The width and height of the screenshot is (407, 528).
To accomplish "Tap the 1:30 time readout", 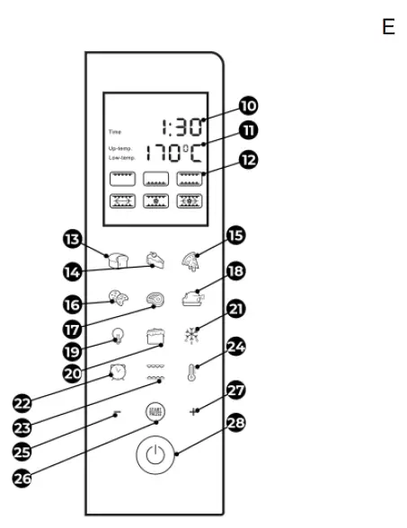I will pyautogui.click(x=182, y=127).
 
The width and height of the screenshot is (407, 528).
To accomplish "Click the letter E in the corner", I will pyautogui.click(x=388, y=28).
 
